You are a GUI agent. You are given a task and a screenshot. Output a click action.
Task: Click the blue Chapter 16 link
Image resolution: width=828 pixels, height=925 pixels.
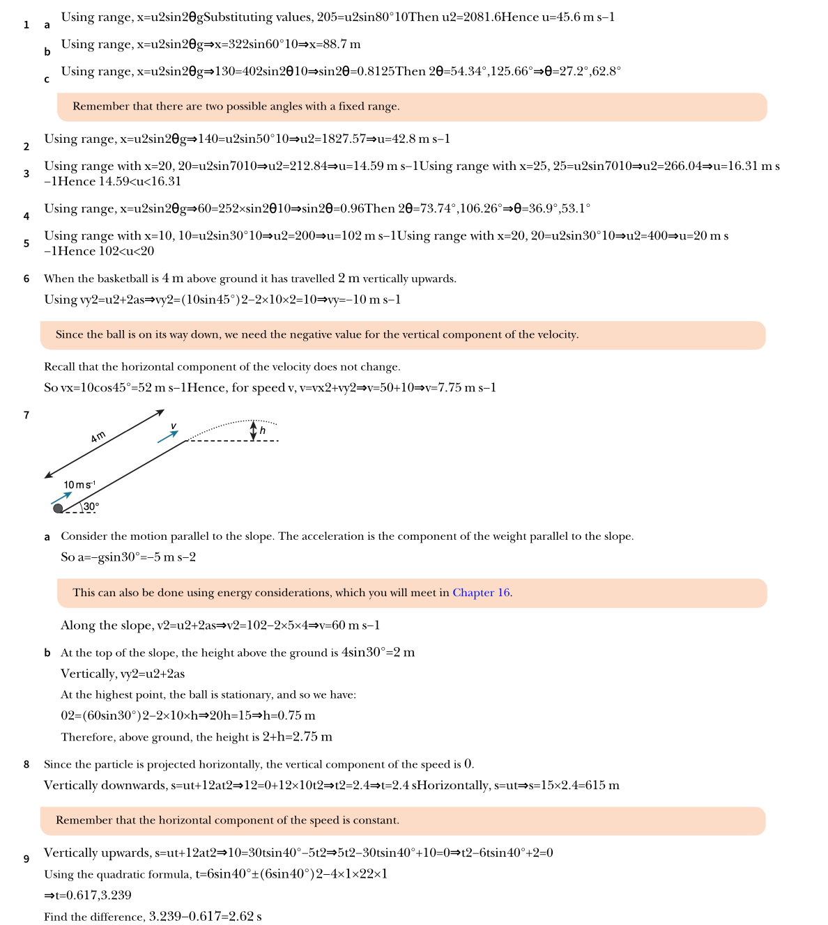pos(482,593)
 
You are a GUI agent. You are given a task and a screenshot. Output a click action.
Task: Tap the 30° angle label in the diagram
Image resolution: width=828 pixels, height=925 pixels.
pos(91,506)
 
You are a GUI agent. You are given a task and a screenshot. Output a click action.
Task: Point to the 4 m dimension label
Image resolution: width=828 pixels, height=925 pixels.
pos(98,437)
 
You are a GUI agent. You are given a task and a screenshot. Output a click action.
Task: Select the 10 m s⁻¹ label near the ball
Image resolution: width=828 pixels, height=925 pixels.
pos(79,485)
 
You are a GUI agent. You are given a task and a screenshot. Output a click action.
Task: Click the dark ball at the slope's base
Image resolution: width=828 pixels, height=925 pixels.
pos(58,508)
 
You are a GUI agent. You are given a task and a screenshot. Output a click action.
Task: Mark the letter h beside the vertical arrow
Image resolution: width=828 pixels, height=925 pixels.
pos(263,430)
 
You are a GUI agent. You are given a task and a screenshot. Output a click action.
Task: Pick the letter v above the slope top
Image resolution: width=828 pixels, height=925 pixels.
pos(174,426)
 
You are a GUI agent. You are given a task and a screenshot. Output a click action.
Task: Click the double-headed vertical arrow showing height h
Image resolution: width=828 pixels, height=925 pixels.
pos(253,430)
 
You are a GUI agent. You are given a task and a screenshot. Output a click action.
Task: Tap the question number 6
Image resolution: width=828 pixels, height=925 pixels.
pos(26,279)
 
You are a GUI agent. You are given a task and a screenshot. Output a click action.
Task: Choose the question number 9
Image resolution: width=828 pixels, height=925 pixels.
pos(26,859)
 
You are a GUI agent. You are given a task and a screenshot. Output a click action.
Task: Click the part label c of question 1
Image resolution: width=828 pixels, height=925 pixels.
pos(47,79)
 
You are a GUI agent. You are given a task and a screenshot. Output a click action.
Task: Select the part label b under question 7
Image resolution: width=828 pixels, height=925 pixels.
pos(47,653)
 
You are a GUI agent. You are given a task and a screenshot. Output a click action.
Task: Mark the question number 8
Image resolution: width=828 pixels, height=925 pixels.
pos(26,764)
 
